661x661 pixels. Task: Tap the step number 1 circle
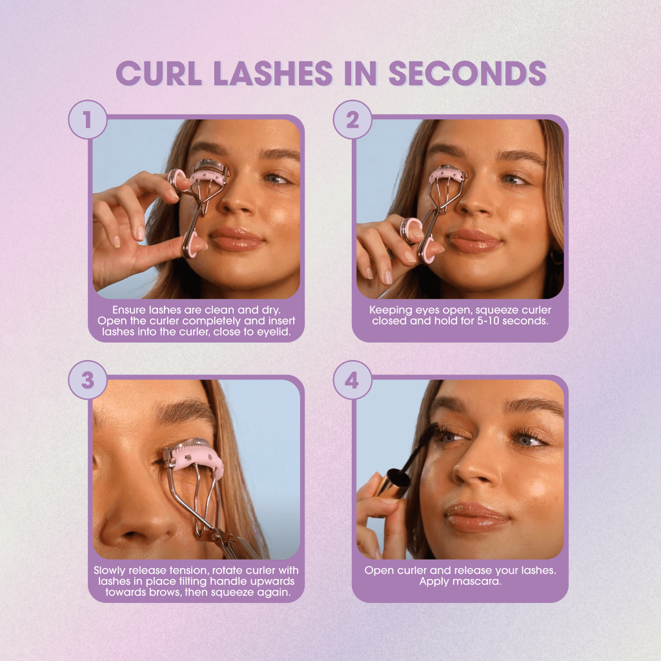[87, 120]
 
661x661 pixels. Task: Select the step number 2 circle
[352, 120]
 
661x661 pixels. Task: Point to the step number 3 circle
[87, 380]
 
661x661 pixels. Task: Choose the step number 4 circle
[352, 380]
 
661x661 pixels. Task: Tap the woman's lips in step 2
[476, 241]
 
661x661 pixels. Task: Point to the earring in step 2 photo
[554, 257]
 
